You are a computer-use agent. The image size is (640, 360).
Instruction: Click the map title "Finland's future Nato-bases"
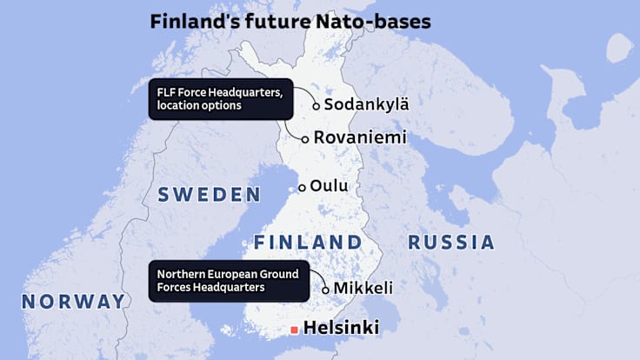pos(290,21)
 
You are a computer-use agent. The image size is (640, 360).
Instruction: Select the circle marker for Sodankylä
pos(317,106)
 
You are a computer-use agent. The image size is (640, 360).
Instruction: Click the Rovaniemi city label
pos(359,137)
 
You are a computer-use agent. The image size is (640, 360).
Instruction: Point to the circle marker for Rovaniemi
pos(305,138)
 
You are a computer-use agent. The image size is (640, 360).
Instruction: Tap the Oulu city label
pos(329,186)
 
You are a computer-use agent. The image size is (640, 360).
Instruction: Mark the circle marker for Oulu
pos(303,187)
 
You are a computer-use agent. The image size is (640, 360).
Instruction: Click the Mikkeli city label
pos(363,288)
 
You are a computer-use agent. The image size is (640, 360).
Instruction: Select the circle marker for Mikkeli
pos(326,290)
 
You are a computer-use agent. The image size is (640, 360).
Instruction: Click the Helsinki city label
pos(341,329)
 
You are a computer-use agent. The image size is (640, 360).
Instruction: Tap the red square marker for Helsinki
pos(295,330)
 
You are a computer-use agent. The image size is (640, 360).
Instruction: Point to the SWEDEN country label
pos(209,194)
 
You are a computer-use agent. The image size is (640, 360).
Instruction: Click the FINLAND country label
pos(307,241)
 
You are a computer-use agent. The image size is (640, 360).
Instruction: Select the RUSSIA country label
pos(450,241)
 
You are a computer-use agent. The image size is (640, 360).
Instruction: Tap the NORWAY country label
pos(73,301)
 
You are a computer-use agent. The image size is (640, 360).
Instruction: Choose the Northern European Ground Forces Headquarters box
pos(228,280)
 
